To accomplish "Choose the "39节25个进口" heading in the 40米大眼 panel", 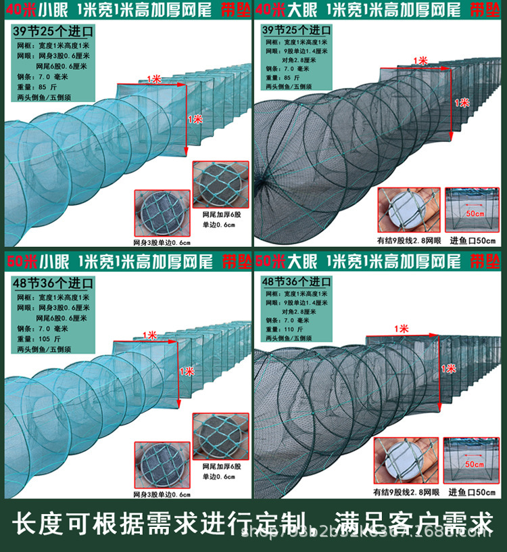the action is coord(297,31).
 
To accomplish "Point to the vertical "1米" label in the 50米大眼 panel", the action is coord(448,369).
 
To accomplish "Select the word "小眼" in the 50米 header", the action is coord(48,260).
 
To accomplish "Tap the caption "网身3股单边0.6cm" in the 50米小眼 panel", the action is coord(162,495).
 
